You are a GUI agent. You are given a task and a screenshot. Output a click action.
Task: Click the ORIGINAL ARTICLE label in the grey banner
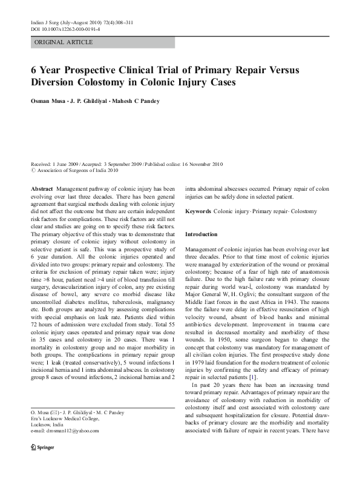pos(64,42)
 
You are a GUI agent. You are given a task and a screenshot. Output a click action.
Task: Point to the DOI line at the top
pos(65,28)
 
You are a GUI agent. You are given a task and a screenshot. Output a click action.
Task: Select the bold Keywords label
pos(198,211)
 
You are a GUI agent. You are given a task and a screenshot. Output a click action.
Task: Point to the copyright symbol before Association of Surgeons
pos(33,170)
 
